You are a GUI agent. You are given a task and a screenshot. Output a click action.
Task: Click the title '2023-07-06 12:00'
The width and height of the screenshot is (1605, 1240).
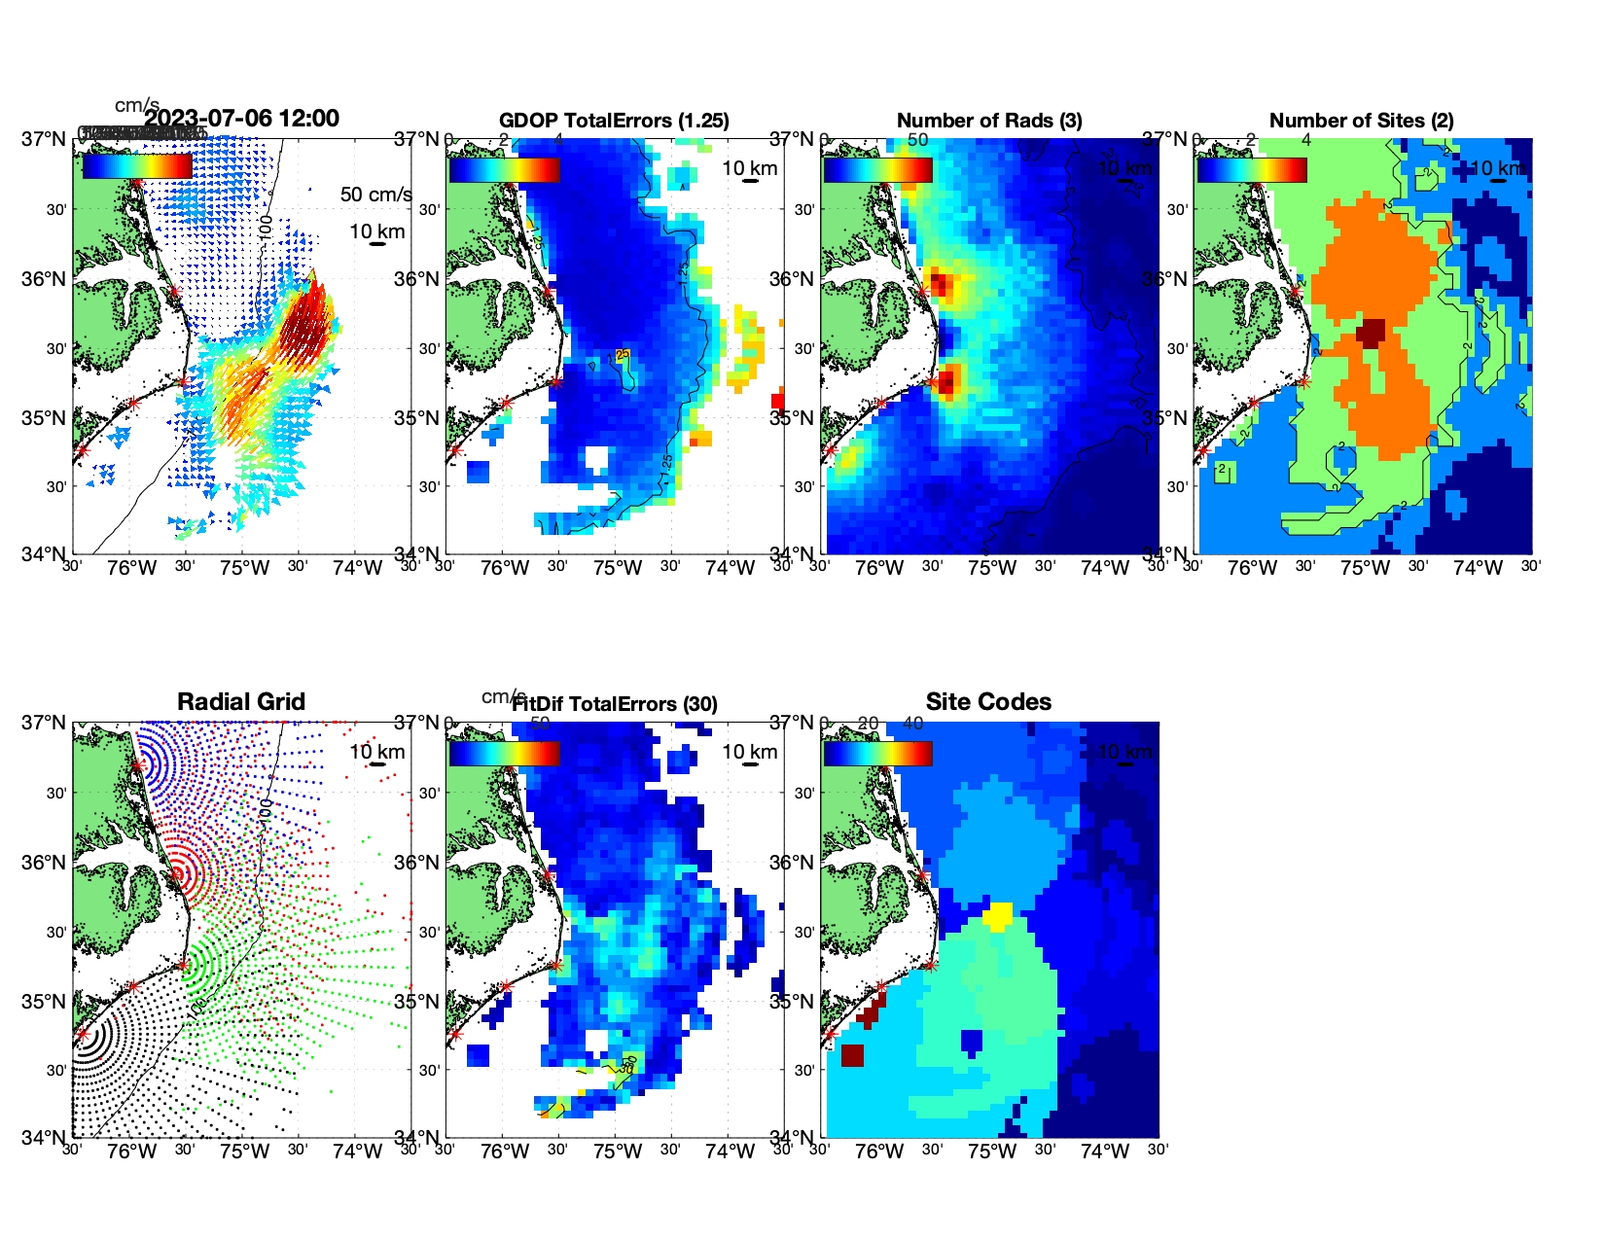pos(241,119)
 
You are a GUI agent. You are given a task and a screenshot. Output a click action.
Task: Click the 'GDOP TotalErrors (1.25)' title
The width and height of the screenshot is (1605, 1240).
pos(614,121)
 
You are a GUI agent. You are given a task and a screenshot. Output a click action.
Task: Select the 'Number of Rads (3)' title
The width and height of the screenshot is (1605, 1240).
pos(988,121)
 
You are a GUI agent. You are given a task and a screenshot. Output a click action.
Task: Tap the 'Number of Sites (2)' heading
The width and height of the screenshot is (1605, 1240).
pos(1361,121)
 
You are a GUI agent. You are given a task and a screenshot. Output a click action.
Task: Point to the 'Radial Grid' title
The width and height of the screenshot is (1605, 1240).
pos(241,702)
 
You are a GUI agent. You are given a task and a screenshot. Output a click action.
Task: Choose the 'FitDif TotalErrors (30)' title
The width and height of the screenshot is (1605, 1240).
pos(615,704)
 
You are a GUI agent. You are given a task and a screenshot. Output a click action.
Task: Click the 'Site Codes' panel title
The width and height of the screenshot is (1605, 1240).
pos(988,702)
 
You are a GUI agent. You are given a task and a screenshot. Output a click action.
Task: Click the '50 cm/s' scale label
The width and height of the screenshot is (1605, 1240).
pos(375,195)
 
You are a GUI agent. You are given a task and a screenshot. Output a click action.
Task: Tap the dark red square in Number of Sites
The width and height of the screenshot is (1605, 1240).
pos(1372,333)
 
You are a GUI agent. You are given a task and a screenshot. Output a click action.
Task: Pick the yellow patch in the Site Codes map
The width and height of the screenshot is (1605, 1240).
pos(998,916)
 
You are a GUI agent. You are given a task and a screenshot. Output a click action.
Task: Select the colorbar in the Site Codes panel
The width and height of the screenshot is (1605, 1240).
pos(878,753)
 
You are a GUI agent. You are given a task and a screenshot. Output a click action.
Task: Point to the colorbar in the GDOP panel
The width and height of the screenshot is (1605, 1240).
pos(504,169)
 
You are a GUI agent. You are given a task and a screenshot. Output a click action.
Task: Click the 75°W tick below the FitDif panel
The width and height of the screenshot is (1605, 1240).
pos(618,1152)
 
